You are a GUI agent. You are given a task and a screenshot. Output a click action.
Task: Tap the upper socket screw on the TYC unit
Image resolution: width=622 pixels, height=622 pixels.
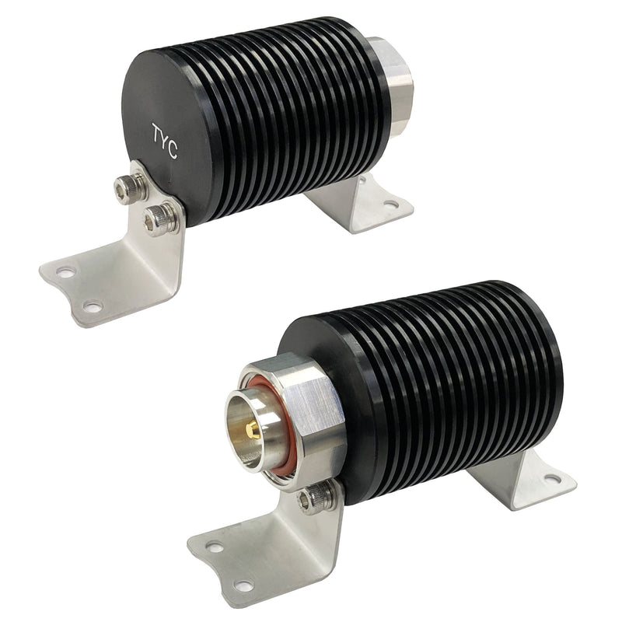click(x=128, y=187)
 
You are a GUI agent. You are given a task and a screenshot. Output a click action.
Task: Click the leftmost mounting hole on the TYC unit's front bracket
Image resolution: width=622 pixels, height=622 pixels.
click(x=65, y=272)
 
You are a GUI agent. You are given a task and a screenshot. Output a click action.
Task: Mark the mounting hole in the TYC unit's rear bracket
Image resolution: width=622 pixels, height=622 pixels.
click(x=390, y=204)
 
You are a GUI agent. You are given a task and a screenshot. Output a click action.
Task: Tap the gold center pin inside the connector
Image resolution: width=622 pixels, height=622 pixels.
click(x=252, y=428)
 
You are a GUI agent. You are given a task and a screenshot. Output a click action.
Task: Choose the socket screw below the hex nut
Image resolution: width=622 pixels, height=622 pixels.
click(x=316, y=498)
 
